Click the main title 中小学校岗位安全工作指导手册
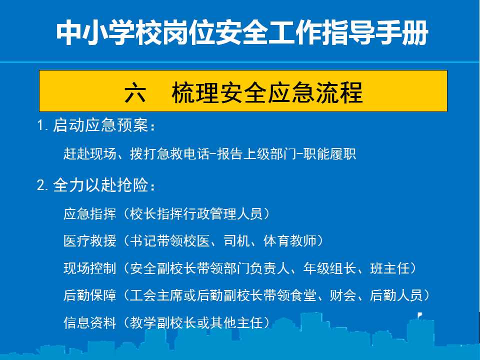242,33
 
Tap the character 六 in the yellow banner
135,93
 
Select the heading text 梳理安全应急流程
267,93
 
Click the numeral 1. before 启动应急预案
42,125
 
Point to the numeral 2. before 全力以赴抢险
42,185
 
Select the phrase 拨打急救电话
169,153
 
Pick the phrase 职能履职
329,153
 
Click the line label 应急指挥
90,213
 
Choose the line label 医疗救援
90,241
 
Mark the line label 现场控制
90,268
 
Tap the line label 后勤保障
90,295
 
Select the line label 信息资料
90,322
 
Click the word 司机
236,241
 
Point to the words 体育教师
290,241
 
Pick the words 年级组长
329,268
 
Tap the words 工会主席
156,295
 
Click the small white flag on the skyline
420,315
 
